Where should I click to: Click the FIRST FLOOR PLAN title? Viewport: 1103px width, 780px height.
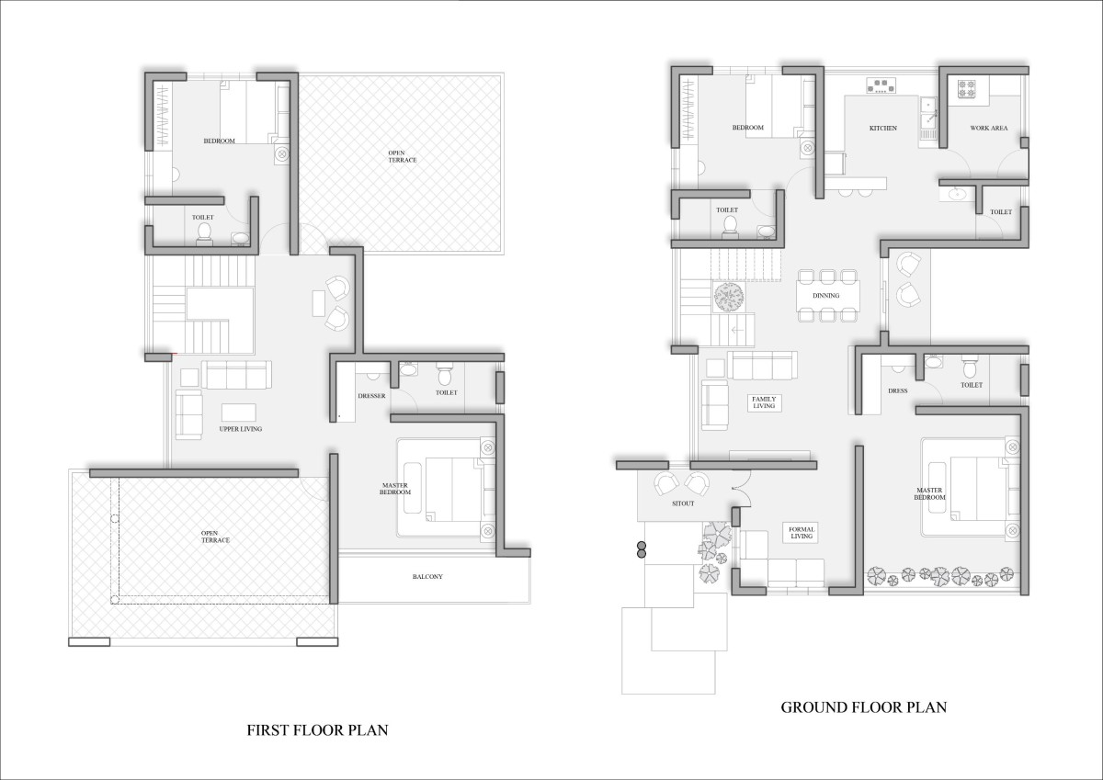tap(317, 729)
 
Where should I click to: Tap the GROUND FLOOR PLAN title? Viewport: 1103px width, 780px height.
tap(864, 707)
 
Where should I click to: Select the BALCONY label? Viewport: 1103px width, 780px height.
tap(427, 576)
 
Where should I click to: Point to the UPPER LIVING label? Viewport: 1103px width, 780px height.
tap(240, 429)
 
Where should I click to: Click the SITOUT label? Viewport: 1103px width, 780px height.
tap(683, 503)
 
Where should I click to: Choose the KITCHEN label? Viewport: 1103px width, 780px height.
tap(883, 128)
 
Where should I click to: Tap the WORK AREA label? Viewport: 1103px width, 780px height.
tap(989, 128)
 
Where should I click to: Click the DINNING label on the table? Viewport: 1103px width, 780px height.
tap(825, 295)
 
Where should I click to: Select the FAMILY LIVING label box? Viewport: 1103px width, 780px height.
tap(764, 402)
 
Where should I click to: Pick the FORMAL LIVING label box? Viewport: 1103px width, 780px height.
tap(802, 533)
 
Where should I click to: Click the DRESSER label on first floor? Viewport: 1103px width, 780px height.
tap(371, 396)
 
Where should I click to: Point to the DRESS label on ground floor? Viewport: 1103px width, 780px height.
tap(898, 390)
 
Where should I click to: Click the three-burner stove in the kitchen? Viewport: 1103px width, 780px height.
tap(881, 85)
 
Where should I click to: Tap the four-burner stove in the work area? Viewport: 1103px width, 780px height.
tap(966, 88)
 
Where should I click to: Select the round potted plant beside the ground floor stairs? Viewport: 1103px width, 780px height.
tap(729, 297)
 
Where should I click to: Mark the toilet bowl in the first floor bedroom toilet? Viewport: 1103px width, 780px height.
tap(203, 232)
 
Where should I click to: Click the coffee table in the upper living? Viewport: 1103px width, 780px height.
tap(238, 413)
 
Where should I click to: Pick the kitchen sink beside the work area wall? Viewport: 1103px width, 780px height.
tap(928, 118)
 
